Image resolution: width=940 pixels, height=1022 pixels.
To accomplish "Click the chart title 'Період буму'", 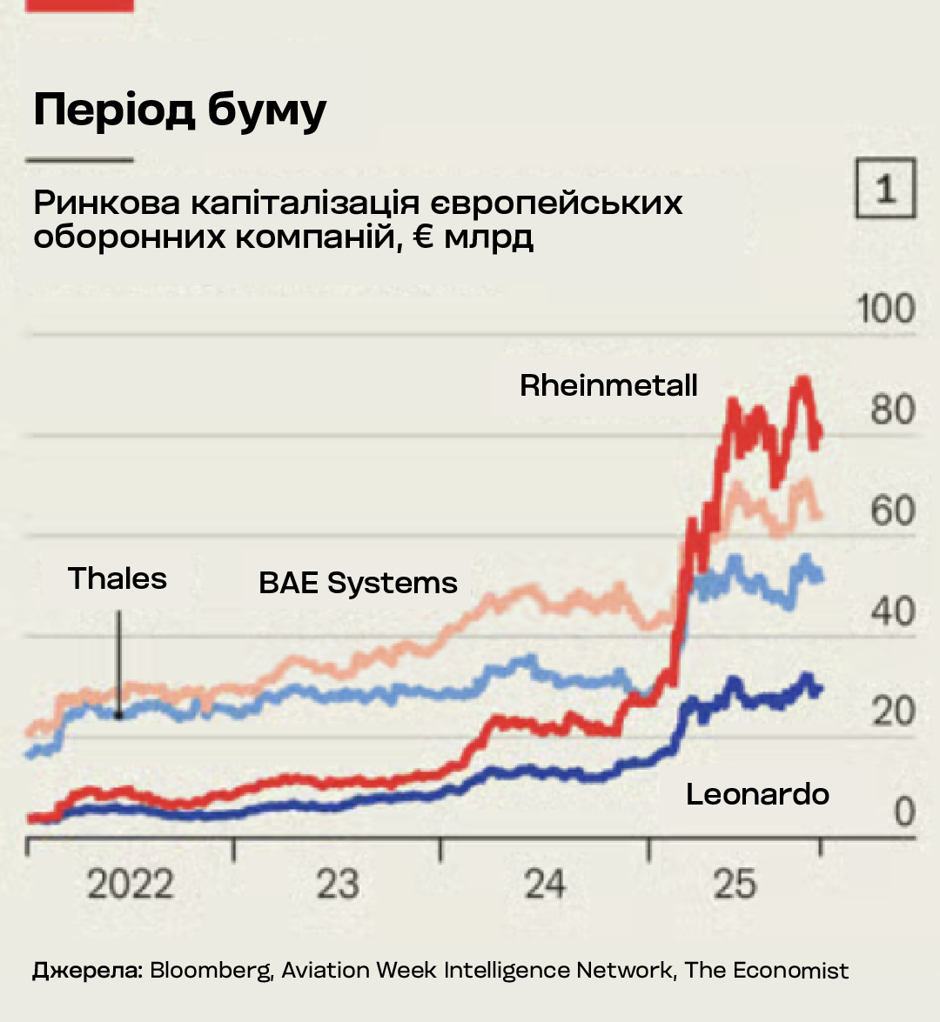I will (x=180, y=111).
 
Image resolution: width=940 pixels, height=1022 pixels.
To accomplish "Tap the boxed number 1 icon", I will (x=885, y=188).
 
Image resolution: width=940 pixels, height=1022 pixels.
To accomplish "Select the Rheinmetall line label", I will (x=608, y=385).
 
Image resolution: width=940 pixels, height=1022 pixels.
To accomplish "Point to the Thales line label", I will (x=117, y=578).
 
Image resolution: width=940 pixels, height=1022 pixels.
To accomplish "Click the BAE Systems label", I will (x=358, y=583).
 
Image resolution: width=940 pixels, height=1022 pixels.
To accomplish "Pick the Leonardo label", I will (x=757, y=794).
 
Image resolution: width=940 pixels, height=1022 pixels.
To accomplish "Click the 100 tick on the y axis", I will (x=885, y=310).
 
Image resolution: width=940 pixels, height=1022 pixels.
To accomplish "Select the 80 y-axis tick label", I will (x=892, y=410).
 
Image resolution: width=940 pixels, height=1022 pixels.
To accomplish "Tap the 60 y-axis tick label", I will (x=892, y=511).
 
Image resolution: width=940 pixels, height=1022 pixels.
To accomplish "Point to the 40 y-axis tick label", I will (x=892, y=611).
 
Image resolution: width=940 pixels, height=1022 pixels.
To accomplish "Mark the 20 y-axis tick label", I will (x=892, y=711).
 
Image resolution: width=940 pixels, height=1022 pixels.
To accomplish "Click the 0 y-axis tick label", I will (x=904, y=812).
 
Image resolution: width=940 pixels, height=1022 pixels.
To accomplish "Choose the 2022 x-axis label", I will (x=131, y=885).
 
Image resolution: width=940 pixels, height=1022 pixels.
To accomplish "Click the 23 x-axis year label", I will (x=337, y=885).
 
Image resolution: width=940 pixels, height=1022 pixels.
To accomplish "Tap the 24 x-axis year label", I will (x=545, y=885).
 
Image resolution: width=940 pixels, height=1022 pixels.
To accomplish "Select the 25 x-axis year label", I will (x=735, y=885).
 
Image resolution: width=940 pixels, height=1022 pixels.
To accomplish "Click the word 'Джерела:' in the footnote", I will (x=87, y=971).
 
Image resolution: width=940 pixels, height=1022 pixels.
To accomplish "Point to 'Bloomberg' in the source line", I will (x=211, y=971).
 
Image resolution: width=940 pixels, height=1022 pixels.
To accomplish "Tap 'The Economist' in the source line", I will (x=766, y=971).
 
